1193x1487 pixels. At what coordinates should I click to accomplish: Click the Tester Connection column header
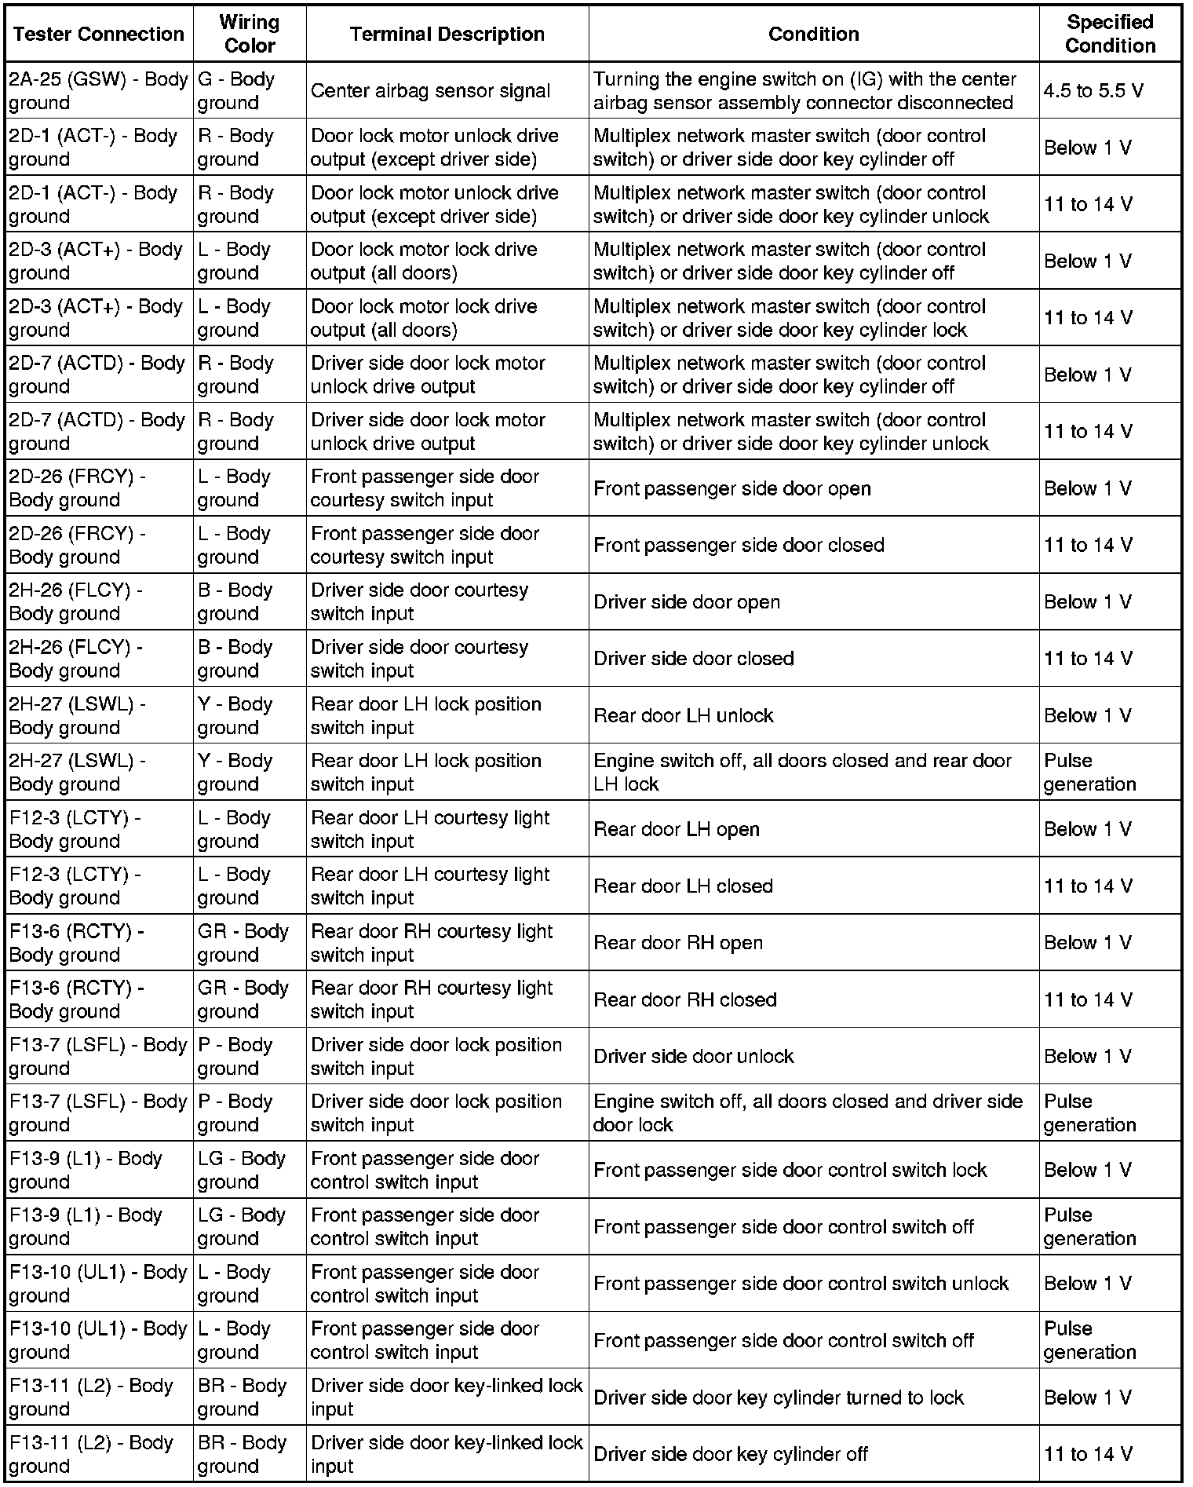(x=99, y=34)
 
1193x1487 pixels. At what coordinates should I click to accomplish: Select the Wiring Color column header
(x=250, y=34)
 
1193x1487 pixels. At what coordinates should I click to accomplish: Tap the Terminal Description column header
(x=447, y=34)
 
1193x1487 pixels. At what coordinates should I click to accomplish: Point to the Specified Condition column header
(x=1110, y=34)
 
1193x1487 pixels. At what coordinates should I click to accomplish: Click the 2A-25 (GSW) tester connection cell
(x=99, y=91)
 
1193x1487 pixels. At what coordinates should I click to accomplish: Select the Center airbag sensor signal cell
(x=430, y=91)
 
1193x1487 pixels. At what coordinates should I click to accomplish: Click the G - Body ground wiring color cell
(x=236, y=91)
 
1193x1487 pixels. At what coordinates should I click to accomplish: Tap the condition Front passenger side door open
(x=731, y=488)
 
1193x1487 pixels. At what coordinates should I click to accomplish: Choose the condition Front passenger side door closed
(x=739, y=545)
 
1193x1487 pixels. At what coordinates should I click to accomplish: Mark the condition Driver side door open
(x=687, y=602)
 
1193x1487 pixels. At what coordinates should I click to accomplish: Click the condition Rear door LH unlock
(x=683, y=715)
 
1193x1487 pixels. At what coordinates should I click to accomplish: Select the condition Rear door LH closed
(x=683, y=886)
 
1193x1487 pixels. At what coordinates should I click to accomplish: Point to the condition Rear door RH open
(x=678, y=942)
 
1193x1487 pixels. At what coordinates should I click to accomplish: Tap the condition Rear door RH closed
(x=685, y=999)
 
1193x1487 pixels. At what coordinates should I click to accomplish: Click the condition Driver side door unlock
(x=694, y=1056)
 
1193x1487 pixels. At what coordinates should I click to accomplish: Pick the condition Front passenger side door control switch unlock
(x=801, y=1283)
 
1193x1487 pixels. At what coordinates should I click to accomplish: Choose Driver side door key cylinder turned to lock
(x=779, y=1397)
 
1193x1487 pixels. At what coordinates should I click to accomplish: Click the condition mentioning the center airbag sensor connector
(x=804, y=91)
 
